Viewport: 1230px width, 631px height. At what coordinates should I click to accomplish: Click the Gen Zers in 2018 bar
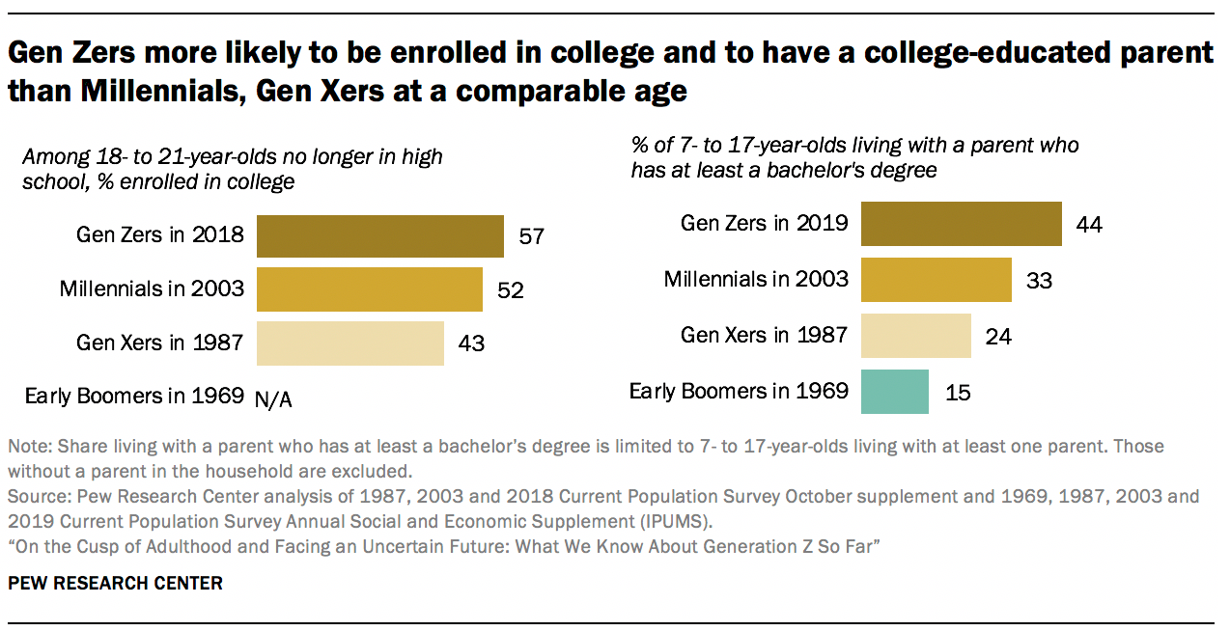coord(379,236)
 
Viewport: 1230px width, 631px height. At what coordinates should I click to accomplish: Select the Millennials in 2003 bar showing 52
coord(369,289)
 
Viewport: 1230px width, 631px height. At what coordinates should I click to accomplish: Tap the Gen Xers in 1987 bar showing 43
coord(349,343)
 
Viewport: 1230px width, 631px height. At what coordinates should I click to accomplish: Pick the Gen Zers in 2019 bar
coord(961,224)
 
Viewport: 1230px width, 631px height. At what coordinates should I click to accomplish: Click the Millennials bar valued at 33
coord(936,280)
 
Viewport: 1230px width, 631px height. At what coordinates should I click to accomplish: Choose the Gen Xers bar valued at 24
coord(915,336)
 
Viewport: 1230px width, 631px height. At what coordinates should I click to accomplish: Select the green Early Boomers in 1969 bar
coord(894,392)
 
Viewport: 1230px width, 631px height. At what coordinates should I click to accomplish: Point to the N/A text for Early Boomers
coord(272,398)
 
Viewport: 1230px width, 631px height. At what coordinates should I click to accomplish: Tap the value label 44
coord(1088,225)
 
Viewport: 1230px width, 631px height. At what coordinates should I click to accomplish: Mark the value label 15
coord(957,393)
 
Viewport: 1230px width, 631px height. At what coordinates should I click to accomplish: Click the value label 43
coord(470,343)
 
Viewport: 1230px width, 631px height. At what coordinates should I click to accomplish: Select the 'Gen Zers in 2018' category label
coord(160,235)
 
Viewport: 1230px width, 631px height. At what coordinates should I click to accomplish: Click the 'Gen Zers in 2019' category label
coord(764,224)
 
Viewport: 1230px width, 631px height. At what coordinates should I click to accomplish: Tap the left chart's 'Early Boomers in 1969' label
coord(134,396)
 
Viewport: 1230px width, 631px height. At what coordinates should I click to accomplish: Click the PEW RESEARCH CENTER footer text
coord(115,583)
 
